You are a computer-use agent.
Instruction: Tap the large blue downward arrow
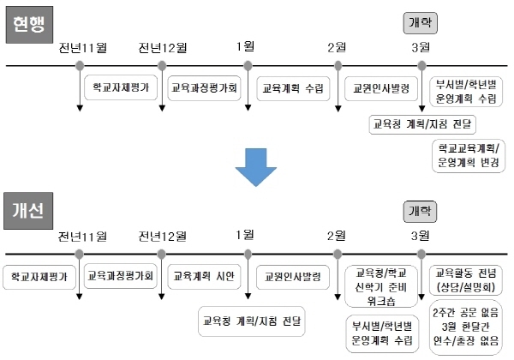point(255,166)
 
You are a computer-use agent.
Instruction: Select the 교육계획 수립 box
point(292,87)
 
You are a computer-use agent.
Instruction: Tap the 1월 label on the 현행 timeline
point(246,46)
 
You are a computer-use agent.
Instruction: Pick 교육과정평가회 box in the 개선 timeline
point(120,276)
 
